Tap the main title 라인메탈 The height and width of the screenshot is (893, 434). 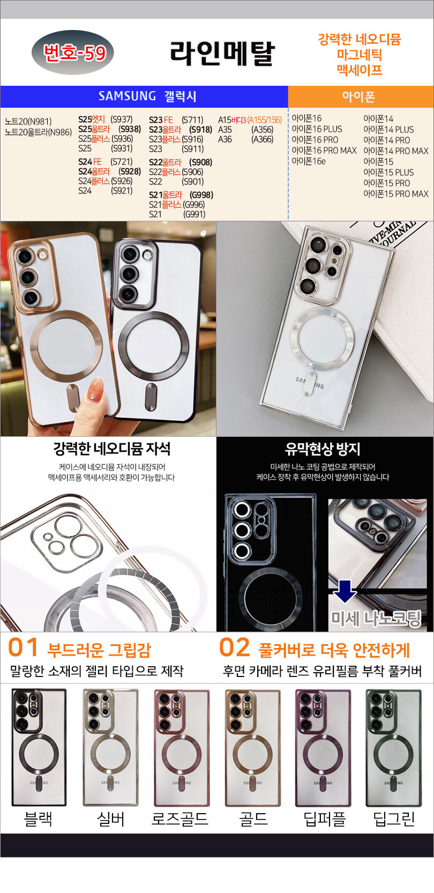tap(222, 54)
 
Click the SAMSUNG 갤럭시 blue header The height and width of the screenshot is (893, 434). tap(144, 96)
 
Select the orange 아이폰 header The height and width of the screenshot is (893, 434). tap(361, 96)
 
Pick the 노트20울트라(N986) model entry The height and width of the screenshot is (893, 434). tap(38, 132)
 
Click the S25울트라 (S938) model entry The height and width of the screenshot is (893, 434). tap(110, 129)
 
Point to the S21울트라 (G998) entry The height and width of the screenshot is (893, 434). tap(181, 195)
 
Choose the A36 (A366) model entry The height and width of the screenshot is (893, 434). tap(246, 139)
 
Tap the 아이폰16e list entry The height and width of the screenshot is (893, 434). tap(309, 161)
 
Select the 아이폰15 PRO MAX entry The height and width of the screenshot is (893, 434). tap(396, 194)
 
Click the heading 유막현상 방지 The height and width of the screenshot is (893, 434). tap(323, 449)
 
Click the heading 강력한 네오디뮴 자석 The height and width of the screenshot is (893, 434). tap(111, 449)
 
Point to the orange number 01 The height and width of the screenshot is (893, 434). tap(23, 648)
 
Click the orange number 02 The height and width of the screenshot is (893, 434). tap(235, 648)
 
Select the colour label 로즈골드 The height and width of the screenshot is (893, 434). tap(179, 819)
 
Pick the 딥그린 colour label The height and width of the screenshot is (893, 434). tap(394, 819)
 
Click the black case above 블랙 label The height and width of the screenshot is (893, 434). tap(39, 748)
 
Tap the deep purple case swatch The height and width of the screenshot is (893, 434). tap(323, 748)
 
